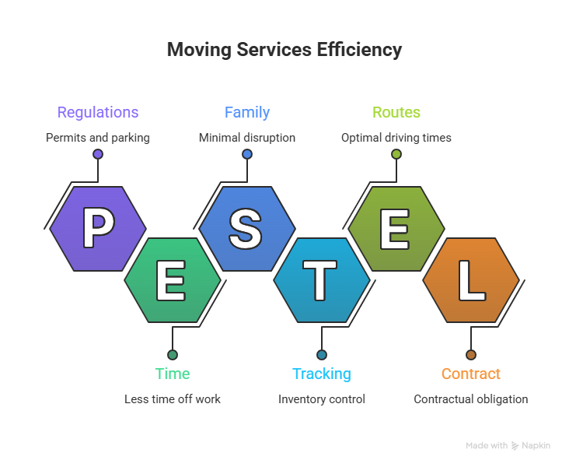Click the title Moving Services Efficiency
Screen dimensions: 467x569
(284, 51)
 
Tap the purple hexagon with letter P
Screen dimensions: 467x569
(98, 229)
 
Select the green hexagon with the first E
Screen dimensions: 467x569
(173, 279)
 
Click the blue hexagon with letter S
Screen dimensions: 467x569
(247, 229)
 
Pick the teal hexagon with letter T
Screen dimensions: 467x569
(322, 279)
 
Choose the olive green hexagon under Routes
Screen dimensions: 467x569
(396, 229)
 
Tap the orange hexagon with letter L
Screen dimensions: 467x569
(471, 279)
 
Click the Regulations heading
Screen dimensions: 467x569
(98, 112)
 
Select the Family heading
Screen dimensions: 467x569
(247, 112)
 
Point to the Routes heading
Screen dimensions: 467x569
(396, 112)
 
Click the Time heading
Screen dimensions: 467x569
(173, 374)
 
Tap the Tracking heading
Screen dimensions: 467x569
(322, 374)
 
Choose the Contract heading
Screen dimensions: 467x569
(471, 374)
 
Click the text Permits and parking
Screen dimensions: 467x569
(98, 138)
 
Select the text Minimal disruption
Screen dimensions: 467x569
(247, 138)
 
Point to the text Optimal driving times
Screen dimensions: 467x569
(396, 138)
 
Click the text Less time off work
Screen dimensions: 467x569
(173, 399)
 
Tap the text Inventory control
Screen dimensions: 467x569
(322, 399)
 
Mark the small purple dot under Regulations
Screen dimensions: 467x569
(98, 154)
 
